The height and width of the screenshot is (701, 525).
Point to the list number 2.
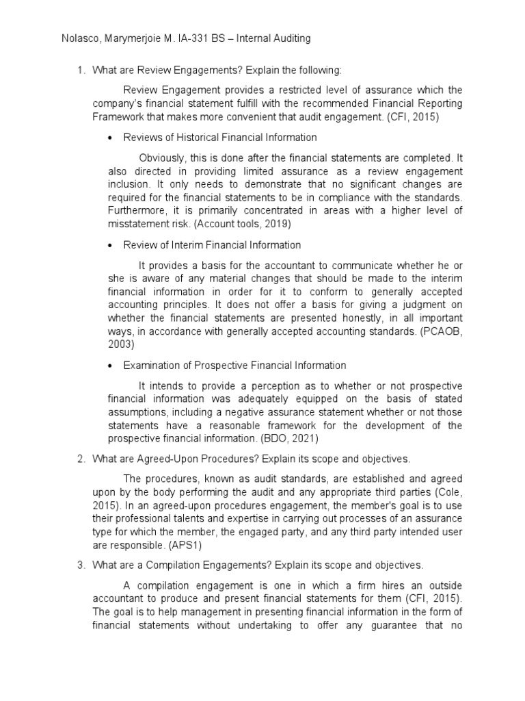coord(79,458)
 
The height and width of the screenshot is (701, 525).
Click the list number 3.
coord(79,565)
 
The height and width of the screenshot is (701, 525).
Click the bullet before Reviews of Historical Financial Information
coord(111,138)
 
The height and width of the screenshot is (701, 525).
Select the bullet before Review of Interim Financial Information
coord(111,244)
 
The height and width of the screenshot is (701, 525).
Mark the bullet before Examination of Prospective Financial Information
coord(111,366)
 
